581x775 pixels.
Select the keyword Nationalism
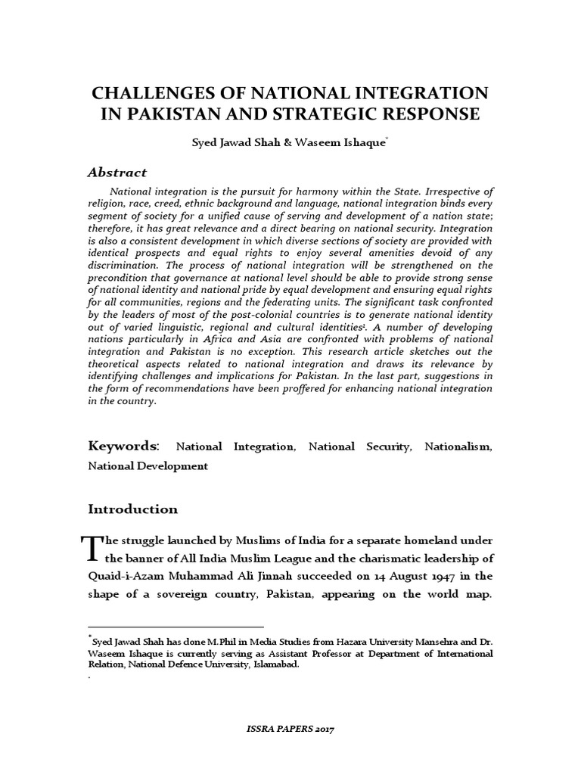pos(457,447)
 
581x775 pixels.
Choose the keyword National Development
pos(148,466)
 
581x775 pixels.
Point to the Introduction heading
pos(132,509)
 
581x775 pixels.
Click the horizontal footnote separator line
pos(176,627)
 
